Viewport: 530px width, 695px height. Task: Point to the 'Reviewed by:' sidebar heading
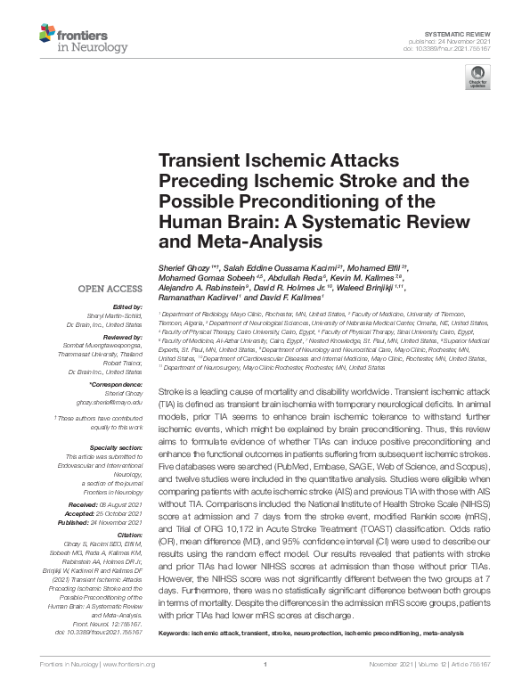(x=123, y=339)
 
